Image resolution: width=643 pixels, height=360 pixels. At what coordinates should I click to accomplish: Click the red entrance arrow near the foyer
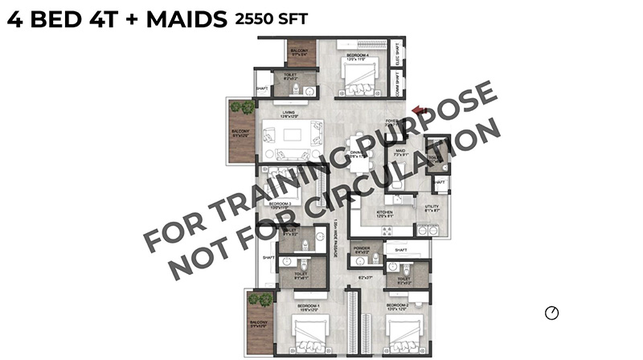tap(416, 112)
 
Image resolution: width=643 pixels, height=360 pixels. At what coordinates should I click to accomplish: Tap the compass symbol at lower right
tap(551, 313)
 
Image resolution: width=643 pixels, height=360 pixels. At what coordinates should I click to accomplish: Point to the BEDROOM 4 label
tap(354, 55)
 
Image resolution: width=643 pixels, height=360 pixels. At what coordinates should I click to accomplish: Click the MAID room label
tap(399, 151)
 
